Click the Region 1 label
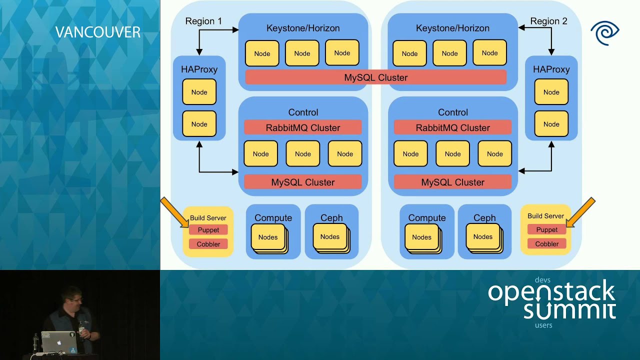point(203,21)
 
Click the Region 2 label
point(548,21)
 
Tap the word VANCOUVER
point(97,32)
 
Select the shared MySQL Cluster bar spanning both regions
point(375,77)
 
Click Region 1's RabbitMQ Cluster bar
point(302,127)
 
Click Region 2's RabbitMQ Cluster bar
point(452,127)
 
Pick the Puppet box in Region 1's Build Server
point(208,230)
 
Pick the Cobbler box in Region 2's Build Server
point(547,244)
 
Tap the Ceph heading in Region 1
point(331,218)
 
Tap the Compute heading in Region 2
point(426,218)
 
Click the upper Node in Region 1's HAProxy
point(199,92)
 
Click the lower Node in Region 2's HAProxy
point(551,124)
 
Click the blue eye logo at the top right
point(604,33)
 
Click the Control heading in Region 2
point(452,112)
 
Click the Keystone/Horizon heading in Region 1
point(302,28)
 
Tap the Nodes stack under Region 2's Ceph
point(483,237)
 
